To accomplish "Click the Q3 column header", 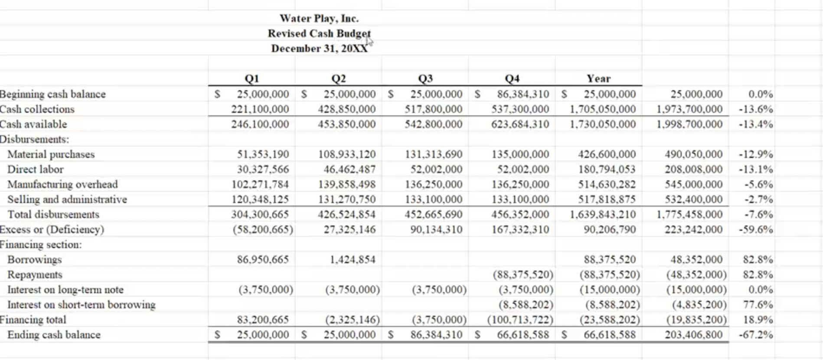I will tap(425, 79).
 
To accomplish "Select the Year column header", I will tap(598, 79).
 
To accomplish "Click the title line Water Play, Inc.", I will tap(319, 19).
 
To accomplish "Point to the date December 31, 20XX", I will tap(319, 49).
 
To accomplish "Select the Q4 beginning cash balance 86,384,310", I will tap(523, 94).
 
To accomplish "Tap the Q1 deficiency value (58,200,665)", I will tap(263, 229).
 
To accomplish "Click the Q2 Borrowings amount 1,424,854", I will tap(352, 260).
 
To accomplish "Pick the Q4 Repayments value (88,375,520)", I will tap(523, 275).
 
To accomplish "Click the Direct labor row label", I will tap(35, 170).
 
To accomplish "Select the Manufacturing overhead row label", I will tap(62, 185).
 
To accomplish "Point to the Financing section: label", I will tap(41, 245).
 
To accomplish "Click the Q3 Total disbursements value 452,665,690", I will tap(433, 215).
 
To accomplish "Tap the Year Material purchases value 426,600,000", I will tap(607, 154).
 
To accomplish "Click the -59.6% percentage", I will tap(756, 229).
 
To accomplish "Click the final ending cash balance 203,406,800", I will tap(693, 335).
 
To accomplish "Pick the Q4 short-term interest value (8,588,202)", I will tap(526, 305).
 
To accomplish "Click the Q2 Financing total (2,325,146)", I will tap(352, 320).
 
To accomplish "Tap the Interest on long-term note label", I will tap(65, 290).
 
